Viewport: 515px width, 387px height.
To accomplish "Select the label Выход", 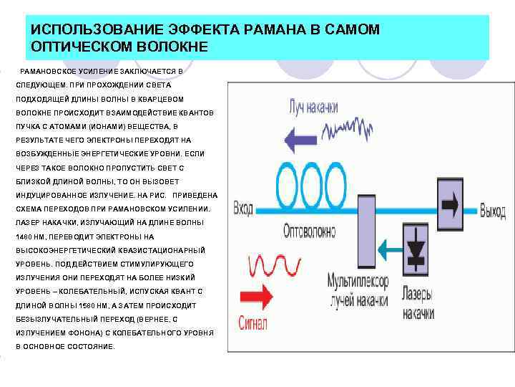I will (492, 212).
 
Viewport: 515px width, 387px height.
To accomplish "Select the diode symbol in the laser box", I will (416, 249).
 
